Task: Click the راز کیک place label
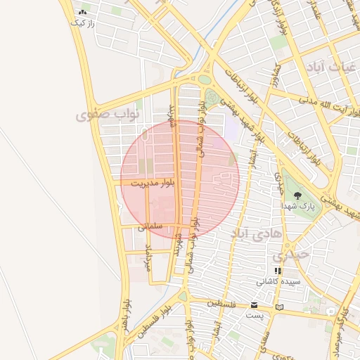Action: pos(82,23)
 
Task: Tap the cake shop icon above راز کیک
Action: pos(82,13)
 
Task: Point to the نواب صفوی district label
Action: pos(108,112)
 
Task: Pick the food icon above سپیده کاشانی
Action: pos(278,270)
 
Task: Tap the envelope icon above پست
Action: pos(254,305)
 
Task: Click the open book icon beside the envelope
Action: pos(280,307)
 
